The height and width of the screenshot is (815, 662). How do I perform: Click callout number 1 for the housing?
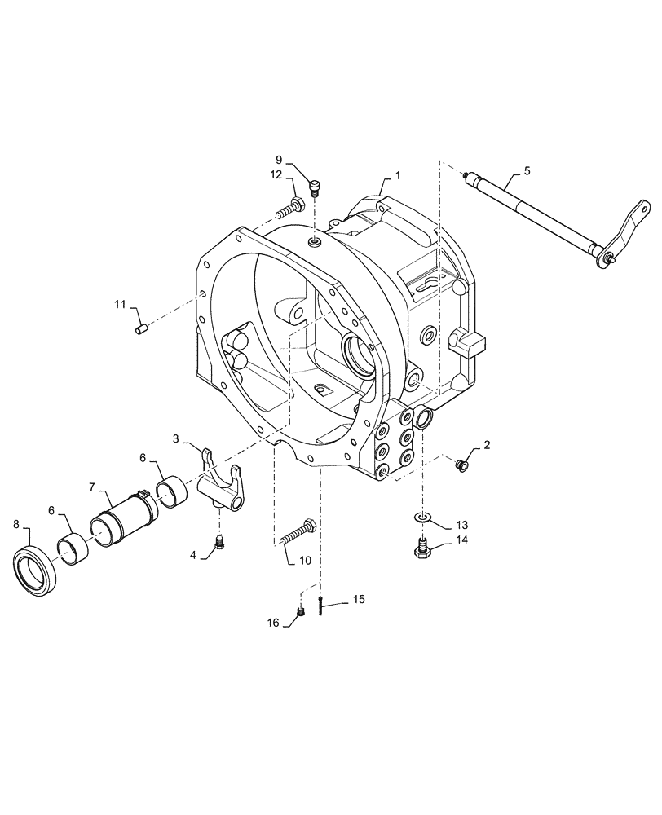click(398, 175)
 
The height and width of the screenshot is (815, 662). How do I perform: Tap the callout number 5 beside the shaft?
click(527, 170)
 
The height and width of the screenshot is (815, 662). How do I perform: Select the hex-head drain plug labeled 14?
click(421, 548)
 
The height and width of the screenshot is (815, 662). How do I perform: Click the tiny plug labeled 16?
click(300, 613)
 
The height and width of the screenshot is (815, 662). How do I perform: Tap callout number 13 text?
click(461, 524)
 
